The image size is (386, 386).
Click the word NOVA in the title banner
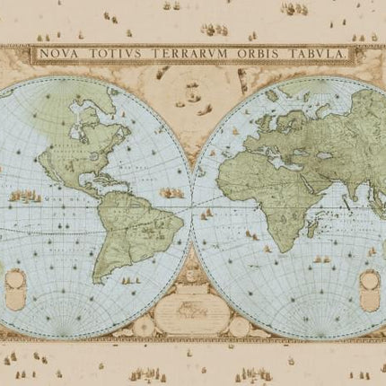tap(61, 53)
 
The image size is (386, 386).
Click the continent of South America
tap(133, 224)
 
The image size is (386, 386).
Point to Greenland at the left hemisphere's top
tap(126, 94)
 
